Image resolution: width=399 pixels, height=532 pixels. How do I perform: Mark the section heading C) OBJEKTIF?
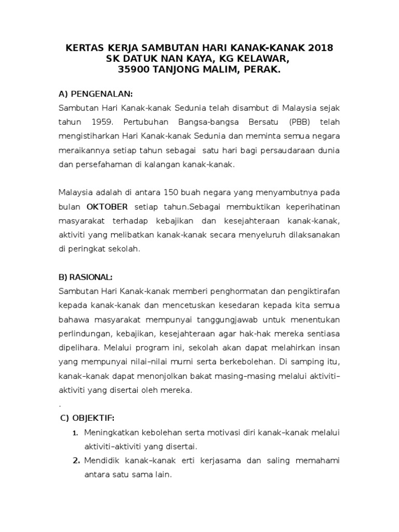pos(87,418)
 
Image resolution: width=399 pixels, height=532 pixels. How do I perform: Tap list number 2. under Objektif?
pos(75,461)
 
